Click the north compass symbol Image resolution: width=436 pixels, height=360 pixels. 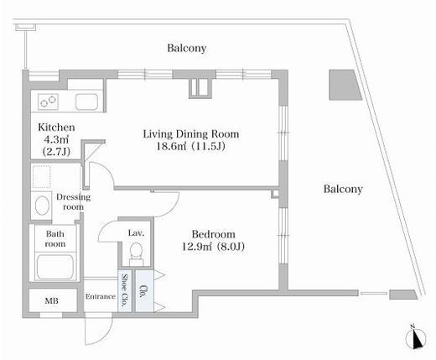click(416, 338)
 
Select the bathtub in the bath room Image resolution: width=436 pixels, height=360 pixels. click(55, 267)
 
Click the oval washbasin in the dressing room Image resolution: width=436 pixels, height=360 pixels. click(42, 206)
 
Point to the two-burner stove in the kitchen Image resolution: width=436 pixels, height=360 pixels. click(49, 102)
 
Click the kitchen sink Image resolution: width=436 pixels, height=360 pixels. click(86, 102)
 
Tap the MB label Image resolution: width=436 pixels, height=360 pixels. click(52, 301)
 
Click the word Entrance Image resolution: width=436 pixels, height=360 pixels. click(101, 296)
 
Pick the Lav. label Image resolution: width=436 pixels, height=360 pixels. click(136, 232)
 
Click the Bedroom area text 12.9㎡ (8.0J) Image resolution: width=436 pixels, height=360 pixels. click(213, 247)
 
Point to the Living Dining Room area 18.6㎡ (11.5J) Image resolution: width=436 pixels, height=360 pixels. click(190, 146)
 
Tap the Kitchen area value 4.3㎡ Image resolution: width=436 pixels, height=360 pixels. click(56, 139)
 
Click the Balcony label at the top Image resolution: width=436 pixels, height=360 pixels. click(187, 48)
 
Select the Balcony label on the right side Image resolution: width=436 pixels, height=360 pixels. click(343, 189)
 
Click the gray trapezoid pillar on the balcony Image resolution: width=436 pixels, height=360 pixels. click(344, 85)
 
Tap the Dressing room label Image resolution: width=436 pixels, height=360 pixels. click(73, 201)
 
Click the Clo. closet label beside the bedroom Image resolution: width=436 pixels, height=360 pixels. click(144, 291)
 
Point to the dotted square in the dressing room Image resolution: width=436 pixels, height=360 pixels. click(41, 177)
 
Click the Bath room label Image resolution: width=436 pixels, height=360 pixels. click(55, 238)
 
